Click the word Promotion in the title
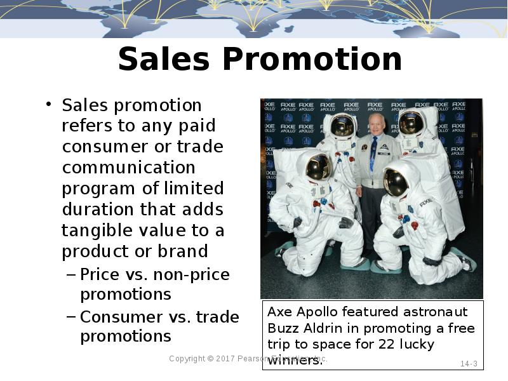coord(312,60)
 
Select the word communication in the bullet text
coord(128,168)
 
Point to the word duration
coord(96,210)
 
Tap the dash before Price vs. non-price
coord(70,275)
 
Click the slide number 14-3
coord(469,364)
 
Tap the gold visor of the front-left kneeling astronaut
coord(317,166)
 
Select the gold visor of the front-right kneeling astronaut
coord(396,182)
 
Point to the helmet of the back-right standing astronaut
coord(411,122)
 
